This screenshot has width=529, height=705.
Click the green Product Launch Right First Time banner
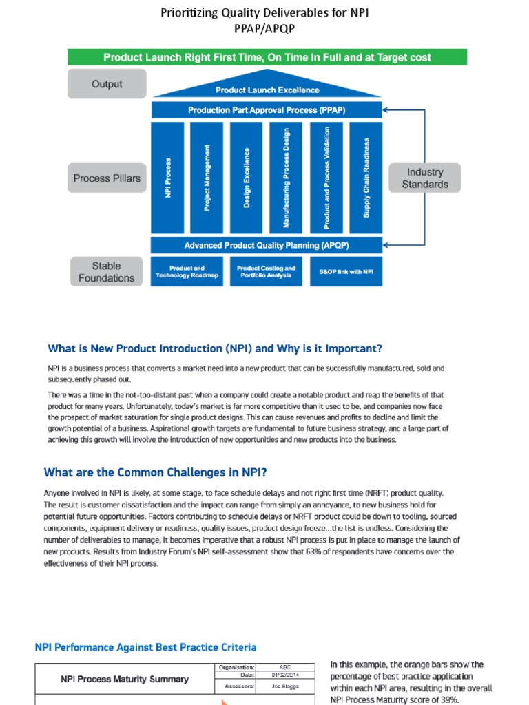click(267, 57)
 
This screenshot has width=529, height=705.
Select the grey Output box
click(107, 84)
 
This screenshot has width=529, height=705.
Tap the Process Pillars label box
click(107, 178)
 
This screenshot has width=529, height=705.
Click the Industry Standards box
click(425, 178)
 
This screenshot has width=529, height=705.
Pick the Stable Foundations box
click(107, 272)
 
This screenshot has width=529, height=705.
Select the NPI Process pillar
click(167, 178)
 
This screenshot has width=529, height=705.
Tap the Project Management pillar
click(207, 178)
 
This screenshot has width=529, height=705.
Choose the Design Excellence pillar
click(247, 178)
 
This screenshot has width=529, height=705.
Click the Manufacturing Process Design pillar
click(287, 178)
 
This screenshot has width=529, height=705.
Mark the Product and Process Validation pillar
click(326, 178)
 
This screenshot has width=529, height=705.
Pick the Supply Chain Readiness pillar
click(366, 178)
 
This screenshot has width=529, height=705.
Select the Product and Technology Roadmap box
click(187, 272)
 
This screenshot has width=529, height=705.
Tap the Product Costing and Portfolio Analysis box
click(266, 272)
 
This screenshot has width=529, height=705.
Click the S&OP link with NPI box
click(346, 272)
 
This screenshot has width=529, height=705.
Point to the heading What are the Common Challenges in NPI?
click(156, 472)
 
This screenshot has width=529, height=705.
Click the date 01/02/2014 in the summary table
click(285, 675)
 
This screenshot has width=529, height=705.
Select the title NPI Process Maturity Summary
click(124, 679)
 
